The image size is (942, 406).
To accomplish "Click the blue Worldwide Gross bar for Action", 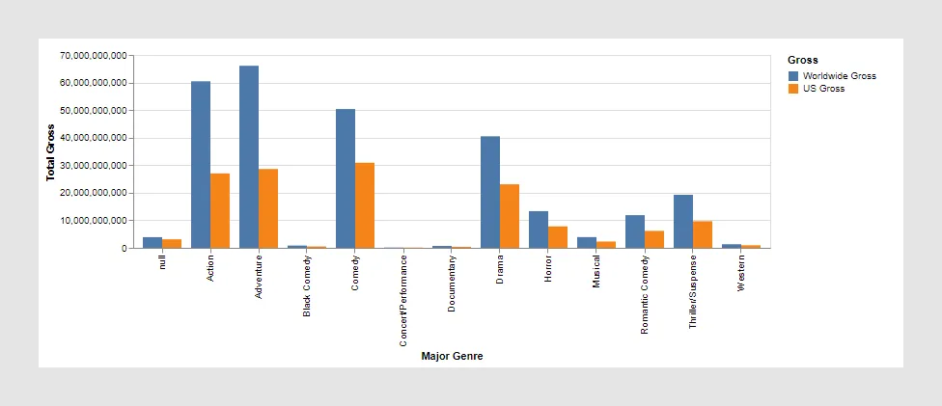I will pos(201,165).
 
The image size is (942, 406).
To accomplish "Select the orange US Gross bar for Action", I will pos(220,211).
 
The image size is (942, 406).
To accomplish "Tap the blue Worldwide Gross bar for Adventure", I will pos(249,157).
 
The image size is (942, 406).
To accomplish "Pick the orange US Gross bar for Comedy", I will pos(365,205).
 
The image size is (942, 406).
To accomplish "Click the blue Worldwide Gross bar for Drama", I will pos(490,192).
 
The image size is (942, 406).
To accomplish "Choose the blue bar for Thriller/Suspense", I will pos(683,222).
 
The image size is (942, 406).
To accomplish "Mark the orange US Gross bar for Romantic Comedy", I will pos(654,239).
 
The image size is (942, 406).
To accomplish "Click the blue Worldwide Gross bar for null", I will pos(152,242).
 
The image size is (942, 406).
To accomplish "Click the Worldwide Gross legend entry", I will pos(831,75).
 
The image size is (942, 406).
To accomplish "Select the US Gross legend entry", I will pos(816,88).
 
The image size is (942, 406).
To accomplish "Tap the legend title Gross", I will pos(802,60).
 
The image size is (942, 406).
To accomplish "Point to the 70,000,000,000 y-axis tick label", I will pos(94,56).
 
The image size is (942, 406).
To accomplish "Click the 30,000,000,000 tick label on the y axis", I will pos(94,166).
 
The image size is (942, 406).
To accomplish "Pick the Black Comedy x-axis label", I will pos(307,286).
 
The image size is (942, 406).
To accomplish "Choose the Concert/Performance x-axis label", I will pos(403,301).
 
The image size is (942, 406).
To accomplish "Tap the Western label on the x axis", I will pos(741,273).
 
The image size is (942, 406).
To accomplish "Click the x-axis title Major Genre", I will pos(452,356).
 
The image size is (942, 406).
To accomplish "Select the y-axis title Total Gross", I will pos(50,152).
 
